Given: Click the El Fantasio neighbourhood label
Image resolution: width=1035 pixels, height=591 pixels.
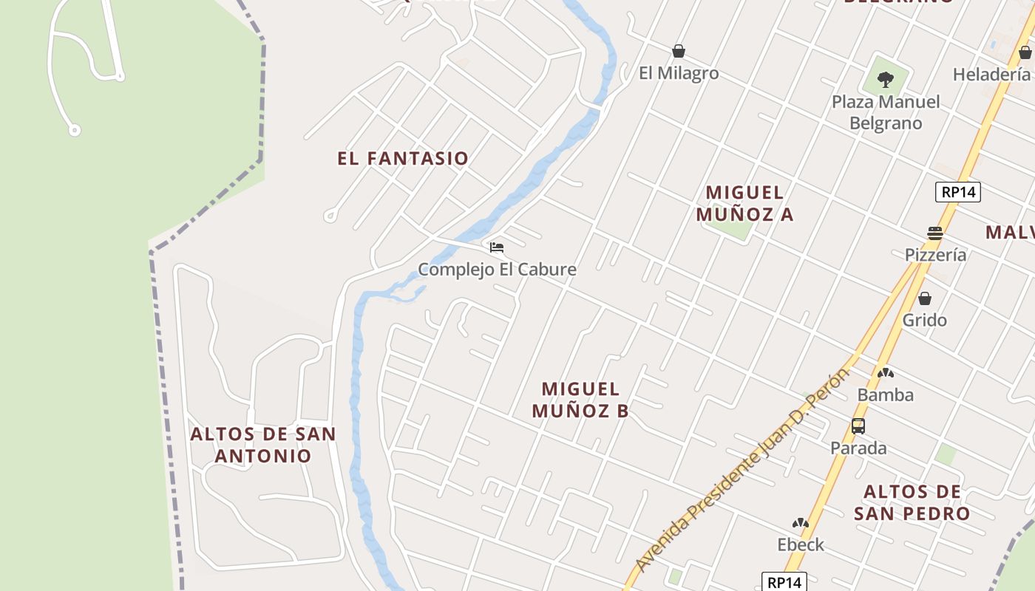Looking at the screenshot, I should click(x=403, y=158).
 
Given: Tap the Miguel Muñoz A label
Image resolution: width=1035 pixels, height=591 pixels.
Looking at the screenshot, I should click(x=744, y=203).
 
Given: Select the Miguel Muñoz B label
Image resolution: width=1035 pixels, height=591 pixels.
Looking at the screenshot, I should click(x=580, y=400).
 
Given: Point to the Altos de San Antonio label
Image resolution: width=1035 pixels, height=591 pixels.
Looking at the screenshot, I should click(x=263, y=444).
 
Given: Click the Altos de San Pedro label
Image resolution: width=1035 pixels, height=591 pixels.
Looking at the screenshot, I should click(x=912, y=502).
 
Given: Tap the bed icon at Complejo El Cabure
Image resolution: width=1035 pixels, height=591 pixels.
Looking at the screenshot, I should click(x=497, y=247).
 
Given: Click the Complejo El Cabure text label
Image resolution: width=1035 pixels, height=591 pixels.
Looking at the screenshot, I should click(x=497, y=270).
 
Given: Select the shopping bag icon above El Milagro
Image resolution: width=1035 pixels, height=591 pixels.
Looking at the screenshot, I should click(x=679, y=51).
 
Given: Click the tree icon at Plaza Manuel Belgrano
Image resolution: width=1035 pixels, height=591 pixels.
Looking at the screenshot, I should click(x=886, y=78).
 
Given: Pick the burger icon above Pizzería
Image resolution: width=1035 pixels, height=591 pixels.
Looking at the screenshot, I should click(x=935, y=233).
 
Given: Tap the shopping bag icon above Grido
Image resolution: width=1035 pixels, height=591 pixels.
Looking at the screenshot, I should click(x=924, y=298).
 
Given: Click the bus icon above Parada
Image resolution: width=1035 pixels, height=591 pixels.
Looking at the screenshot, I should click(x=858, y=426).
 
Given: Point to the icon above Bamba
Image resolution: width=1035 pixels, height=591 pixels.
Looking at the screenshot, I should click(x=885, y=373).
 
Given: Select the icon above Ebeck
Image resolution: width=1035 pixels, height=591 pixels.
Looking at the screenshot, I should click(x=800, y=524).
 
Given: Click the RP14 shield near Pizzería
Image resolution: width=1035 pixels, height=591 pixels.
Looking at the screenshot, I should click(x=957, y=192).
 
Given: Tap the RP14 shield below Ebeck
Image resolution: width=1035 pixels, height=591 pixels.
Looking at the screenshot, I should click(x=784, y=582).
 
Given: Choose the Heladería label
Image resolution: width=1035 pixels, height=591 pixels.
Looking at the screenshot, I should click(x=991, y=75).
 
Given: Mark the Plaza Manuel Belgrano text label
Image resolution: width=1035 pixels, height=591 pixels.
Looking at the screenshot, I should click(x=886, y=112).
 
